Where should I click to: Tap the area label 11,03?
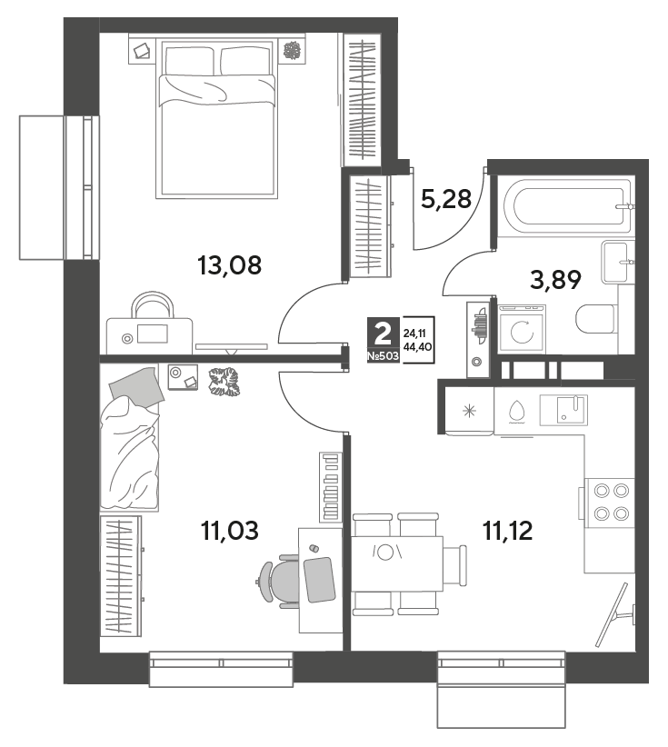(x=230, y=530)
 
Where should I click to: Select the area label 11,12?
(x=508, y=530)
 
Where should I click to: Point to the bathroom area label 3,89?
(x=555, y=280)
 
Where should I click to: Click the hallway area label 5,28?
(x=446, y=199)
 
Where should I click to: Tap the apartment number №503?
(x=383, y=356)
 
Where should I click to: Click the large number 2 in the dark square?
(x=383, y=334)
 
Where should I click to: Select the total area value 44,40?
(x=417, y=347)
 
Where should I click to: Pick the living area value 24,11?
(x=414, y=334)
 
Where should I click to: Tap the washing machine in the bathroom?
(x=522, y=329)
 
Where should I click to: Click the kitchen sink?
(x=563, y=410)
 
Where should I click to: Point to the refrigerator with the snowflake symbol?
(x=469, y=411)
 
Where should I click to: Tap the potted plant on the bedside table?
(x=291, y=51)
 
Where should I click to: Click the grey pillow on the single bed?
(x=136, y=386)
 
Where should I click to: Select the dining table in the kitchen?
(x=397, y=564)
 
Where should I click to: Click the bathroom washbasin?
(x=618, y=262)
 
